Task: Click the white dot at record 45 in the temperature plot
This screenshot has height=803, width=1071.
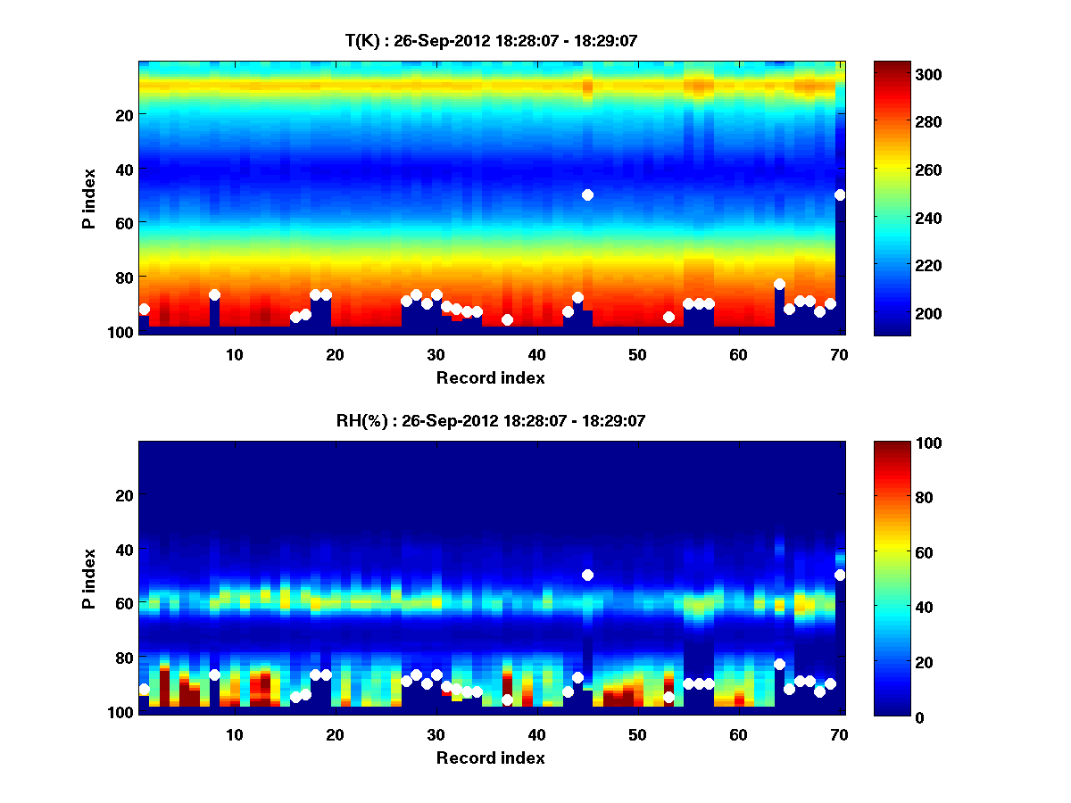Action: click(x=587, y=195)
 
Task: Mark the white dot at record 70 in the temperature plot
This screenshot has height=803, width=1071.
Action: click(x=840, y=195)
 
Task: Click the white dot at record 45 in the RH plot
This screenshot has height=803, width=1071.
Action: click(x=587, y=575)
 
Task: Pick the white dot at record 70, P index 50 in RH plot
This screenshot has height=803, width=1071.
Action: click(x=840, y=575)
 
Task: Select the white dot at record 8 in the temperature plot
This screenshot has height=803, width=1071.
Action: click(x=214, y=294)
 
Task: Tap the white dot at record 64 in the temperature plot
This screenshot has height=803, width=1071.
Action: click(x=779, y=284)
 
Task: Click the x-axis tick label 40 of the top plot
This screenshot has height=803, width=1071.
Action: click(x=536, y=354)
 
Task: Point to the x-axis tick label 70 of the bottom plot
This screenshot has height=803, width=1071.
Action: click(x=839, y=734)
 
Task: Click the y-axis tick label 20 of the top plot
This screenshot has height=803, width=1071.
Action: click(x=123, y=114)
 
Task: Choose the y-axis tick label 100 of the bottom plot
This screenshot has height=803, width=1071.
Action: click(x=120, y=712)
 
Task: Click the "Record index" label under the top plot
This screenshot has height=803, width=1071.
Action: click(x=490, y=377)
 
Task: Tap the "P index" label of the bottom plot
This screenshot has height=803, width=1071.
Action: click(x=88, y=578)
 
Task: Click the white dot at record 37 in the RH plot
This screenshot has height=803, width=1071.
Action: click(x=507, y=700)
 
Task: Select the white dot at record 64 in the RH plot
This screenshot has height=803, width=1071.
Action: click(x=779, y=664)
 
